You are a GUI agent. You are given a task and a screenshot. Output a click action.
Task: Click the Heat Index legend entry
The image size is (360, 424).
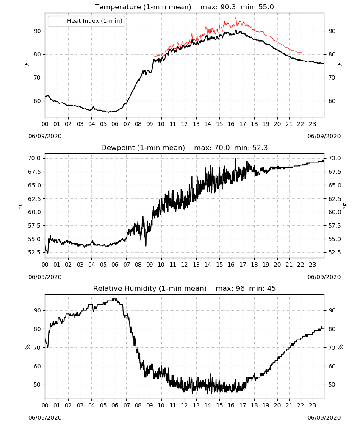86,21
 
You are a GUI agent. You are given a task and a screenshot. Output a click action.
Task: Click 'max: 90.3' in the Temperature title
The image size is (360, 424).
218,7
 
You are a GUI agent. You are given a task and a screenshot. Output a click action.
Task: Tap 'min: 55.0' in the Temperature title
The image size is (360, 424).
257,7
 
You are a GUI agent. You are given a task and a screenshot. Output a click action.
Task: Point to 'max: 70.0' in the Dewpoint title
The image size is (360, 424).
212,148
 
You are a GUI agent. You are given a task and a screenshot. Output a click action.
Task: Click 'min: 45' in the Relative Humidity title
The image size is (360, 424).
262,288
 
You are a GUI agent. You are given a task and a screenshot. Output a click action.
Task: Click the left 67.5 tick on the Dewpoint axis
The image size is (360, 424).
35,172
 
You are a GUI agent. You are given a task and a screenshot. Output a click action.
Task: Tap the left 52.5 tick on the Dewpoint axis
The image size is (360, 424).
35,253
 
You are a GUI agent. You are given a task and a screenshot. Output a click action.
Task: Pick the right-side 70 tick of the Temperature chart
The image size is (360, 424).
332,78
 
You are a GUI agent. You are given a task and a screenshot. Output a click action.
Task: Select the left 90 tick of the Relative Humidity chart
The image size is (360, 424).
38,310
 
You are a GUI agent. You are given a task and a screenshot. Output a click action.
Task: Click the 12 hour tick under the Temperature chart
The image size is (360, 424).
185,124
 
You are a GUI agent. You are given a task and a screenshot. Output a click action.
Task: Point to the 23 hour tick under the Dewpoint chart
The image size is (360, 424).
312,265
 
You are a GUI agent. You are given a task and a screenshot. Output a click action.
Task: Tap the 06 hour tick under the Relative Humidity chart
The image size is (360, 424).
115,405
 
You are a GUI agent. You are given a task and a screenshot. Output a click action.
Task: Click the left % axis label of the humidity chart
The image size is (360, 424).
28,347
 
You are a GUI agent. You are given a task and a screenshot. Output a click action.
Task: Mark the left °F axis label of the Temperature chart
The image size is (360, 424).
26,65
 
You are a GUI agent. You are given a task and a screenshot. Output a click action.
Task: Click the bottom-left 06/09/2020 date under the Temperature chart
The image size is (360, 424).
45,136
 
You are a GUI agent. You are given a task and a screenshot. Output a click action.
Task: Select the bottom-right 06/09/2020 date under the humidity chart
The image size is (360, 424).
324,418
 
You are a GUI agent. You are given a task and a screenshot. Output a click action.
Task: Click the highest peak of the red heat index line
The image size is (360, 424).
235,18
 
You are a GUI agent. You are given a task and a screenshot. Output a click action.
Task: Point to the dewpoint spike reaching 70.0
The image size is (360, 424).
235,159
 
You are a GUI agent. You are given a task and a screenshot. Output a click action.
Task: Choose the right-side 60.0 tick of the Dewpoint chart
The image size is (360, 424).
335,212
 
